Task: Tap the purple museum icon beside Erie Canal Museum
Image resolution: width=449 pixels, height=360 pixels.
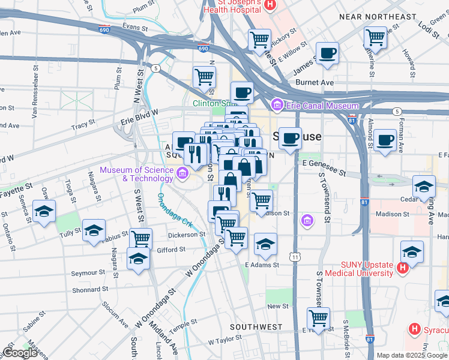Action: pos(277,106)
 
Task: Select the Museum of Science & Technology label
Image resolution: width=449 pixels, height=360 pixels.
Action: pos(137,173)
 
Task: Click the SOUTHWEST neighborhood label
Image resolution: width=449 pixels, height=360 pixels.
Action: pos(256,327)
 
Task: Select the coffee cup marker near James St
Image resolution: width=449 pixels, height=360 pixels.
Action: pos(328,53)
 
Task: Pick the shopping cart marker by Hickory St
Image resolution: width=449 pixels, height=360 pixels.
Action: pos(260,40)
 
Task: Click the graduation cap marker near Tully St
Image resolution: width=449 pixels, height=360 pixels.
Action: pos(94,231)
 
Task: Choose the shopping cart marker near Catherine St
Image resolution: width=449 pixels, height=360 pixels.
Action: pos(376,37)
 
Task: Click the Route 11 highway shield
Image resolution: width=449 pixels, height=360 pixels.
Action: pos(295,257)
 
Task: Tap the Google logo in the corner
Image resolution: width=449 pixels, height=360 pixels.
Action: pos(20,353)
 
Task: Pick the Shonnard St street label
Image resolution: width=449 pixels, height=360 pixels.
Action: pos(89,289)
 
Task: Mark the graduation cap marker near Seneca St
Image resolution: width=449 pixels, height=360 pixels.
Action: pos(44,212)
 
